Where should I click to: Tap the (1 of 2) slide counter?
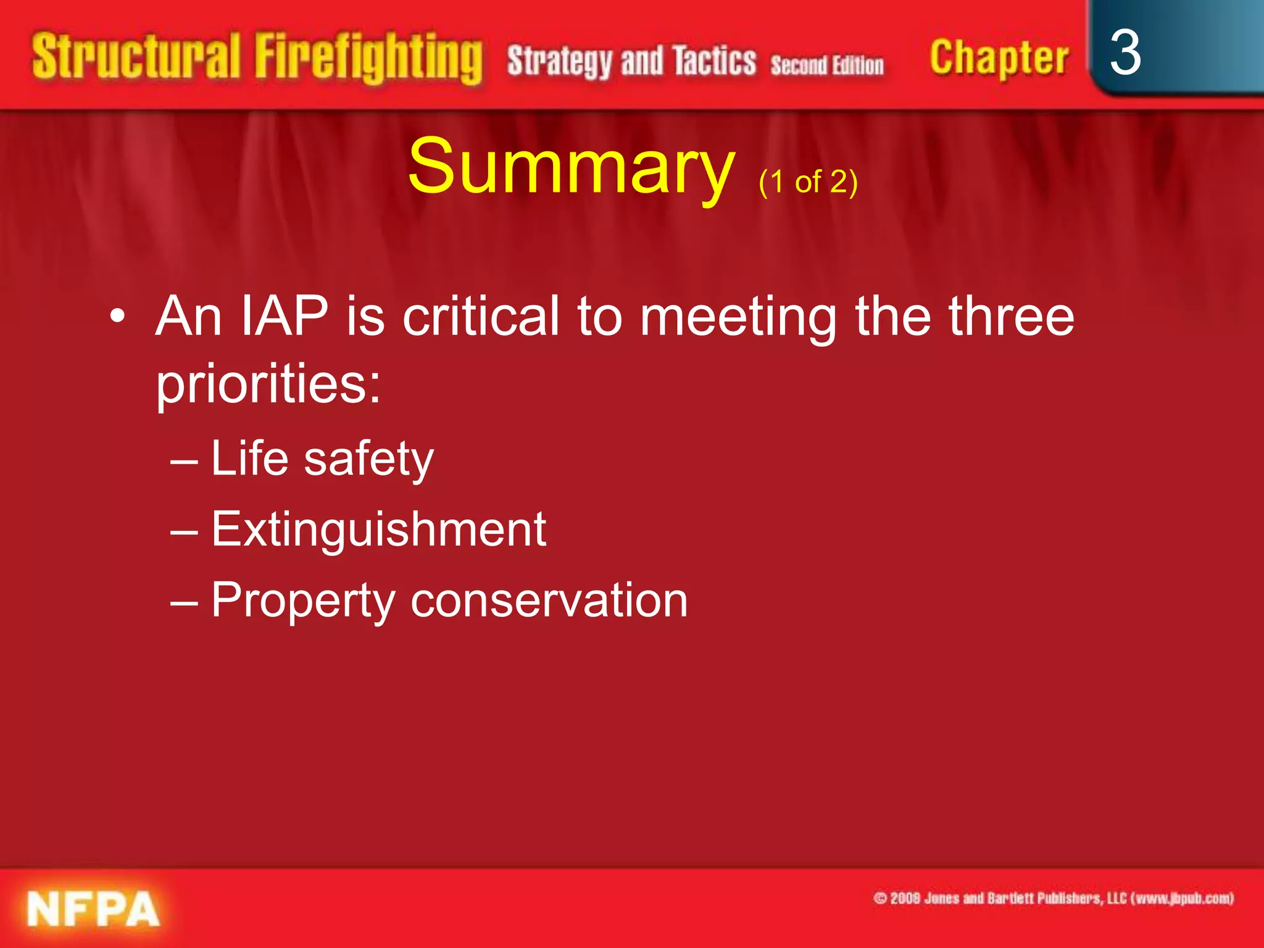[808, 182]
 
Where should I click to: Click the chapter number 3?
[1125, 54]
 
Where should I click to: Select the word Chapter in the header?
[999, 59]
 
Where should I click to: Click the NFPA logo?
[93, 909]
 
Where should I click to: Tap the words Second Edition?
[827, 65]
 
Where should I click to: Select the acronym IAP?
[284, 316]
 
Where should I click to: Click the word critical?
[481, 316]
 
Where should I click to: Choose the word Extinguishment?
[378, 530]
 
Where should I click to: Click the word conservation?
[549, 600]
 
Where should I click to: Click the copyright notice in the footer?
[1053, 899]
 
